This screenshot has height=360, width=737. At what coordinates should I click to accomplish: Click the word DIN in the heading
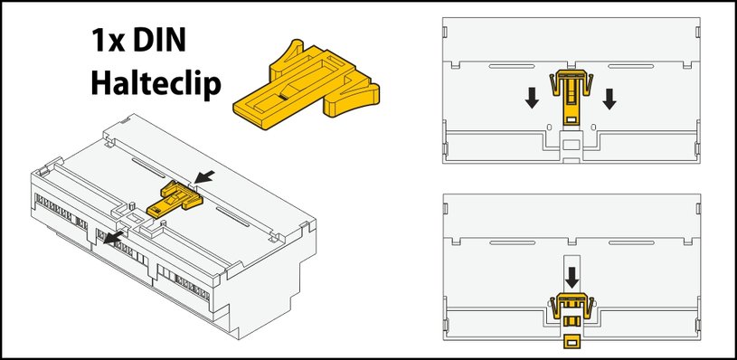pos(159,40)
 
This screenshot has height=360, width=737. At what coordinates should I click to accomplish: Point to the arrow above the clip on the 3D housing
pos(204,176)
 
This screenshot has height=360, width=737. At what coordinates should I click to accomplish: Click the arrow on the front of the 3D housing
pos(113,237)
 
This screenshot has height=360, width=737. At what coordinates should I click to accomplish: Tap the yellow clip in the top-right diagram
pos(572,98)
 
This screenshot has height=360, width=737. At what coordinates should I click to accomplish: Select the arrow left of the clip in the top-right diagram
pos(532,99)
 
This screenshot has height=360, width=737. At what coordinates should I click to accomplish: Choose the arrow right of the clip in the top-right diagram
pos(609,99)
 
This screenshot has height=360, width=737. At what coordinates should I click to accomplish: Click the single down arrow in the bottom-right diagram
pos(572,278)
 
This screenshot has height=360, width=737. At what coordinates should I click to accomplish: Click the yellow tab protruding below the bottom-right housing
pos(572,342)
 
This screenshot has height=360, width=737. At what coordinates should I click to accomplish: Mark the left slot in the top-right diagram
pos(512,66)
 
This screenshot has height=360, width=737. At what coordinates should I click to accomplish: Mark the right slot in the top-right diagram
pos(631,66)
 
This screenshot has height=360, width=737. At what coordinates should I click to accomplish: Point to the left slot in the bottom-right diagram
pos(512,242)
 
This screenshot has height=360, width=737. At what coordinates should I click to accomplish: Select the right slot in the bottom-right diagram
pos(631,242)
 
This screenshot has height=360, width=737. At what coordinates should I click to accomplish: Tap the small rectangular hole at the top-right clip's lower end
pos(572,120)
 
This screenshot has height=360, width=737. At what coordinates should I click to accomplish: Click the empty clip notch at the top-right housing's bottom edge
pos(572,147)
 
